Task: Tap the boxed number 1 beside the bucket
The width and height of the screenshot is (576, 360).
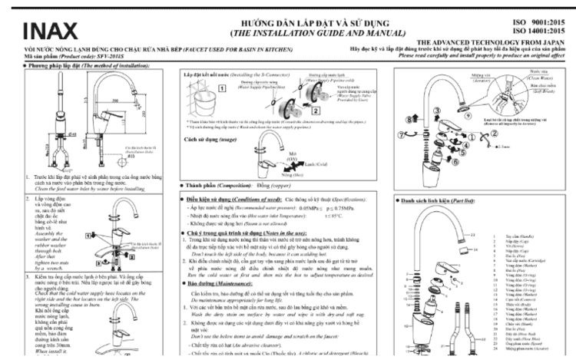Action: pyautogui.click(x=222, y=88)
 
